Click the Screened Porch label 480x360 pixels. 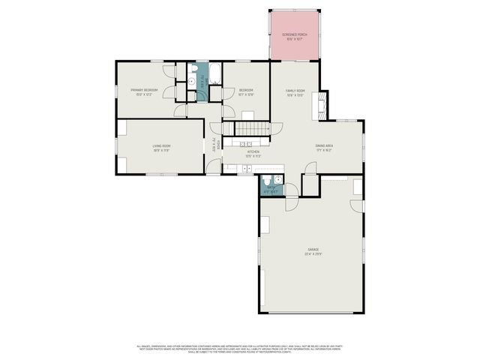(295, 34)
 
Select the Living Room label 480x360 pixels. (162, 145)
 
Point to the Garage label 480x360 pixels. (313, 249)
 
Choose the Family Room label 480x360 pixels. (295, 91)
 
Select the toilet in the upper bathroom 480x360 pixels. (193, 69)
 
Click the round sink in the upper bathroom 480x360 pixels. (192, 82)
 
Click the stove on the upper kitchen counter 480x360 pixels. (245, 143)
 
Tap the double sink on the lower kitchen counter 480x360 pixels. (247, 168)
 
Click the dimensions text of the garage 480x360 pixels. (313, 253)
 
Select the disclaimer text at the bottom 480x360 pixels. (240, 349)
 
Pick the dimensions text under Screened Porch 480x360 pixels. (295, 39)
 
